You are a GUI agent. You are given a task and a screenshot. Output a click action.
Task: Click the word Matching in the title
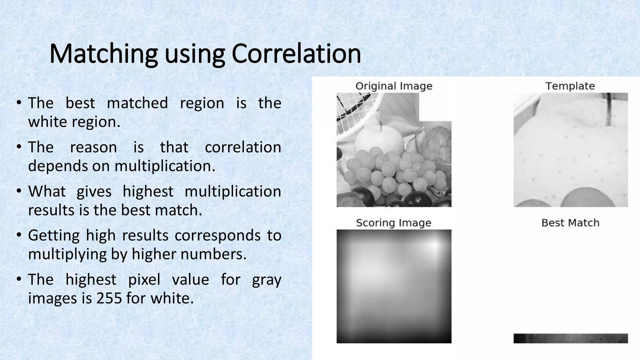tap(103, 54)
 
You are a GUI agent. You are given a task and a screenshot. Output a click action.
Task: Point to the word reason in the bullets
tap(93, 147)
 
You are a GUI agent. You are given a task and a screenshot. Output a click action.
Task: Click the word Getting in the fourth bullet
tap(54, 235)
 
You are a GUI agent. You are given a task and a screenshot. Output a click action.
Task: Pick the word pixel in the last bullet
tap(144, 279)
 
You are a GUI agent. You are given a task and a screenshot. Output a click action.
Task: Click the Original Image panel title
tap(394, 86)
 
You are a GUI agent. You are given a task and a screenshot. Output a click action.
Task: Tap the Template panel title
tap(570, 86)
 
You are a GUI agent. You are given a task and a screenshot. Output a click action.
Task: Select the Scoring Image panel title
tap(393, 223)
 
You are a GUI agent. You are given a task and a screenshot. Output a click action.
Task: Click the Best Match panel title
tap(570, 223)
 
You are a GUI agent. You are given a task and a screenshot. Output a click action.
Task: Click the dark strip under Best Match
tap(570, 338)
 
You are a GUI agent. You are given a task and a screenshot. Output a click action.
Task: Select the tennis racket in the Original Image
tap(356, 109)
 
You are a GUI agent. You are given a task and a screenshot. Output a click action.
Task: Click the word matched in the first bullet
tap(137, 103)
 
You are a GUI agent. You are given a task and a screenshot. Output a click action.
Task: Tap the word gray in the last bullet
tap(266, 279)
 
